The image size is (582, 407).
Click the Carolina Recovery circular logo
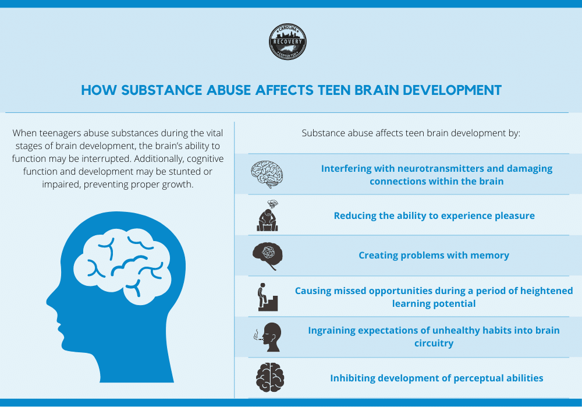point(288,42)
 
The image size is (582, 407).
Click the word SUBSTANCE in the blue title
point(161,90)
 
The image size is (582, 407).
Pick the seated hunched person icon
point(268,216)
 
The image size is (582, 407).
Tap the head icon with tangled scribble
point(268,256)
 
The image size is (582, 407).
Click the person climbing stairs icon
point(268,297)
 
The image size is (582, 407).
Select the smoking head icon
point(268,337)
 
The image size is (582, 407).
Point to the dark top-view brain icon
point(270,378)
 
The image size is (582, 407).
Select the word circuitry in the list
point(434,343)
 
